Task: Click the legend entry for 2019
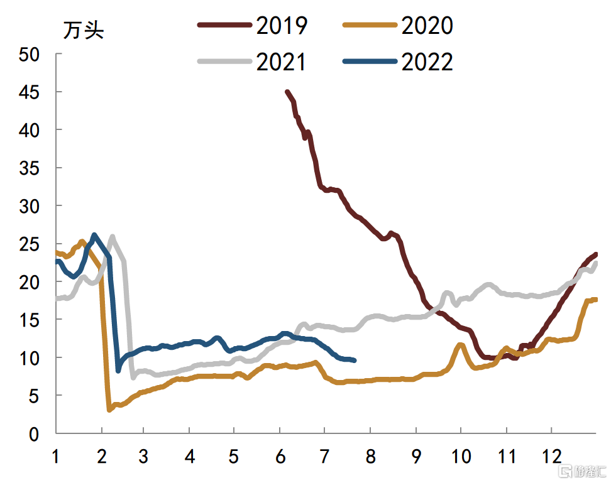tap(282, 25)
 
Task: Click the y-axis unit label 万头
tap(83, 30)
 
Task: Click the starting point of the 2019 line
tap(287, 92)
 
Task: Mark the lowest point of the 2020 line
tap(109, 410)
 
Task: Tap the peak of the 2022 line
tap(94, 235)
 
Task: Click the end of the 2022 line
tap(355, 361)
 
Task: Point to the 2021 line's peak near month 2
tap(113, 237)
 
